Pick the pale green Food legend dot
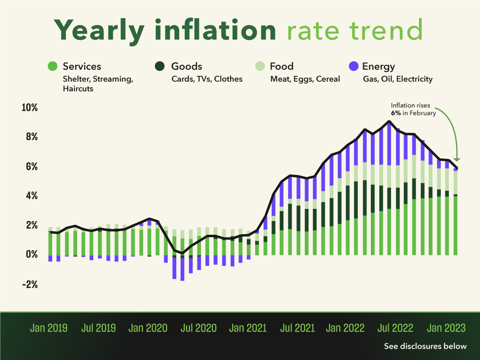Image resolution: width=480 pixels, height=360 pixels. [x=260, y=66]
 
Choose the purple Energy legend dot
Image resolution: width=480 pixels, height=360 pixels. [x=353, y=66]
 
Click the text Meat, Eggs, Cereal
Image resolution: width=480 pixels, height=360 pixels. [x=305, y=79]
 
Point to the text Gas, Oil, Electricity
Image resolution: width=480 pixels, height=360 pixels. [x=398, y=79]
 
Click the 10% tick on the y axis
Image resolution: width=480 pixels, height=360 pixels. [x=30, y=108]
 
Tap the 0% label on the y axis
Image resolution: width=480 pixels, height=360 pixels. [x=32, y=255]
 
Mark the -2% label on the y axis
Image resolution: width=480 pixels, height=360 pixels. [x=30, y=284]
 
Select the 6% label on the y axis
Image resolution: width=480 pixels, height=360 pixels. [x=32, y=167]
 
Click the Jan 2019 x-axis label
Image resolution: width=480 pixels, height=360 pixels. [x=49, y=327]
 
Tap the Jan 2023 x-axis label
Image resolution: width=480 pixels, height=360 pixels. [x=446, y=327]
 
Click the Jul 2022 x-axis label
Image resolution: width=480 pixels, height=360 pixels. [x=396, y=327]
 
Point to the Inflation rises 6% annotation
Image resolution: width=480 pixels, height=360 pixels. [x=413, y=109]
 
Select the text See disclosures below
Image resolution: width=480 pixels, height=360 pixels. [x=425, y=346]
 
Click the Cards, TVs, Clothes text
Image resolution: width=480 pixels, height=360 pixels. [x=207, y=79]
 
